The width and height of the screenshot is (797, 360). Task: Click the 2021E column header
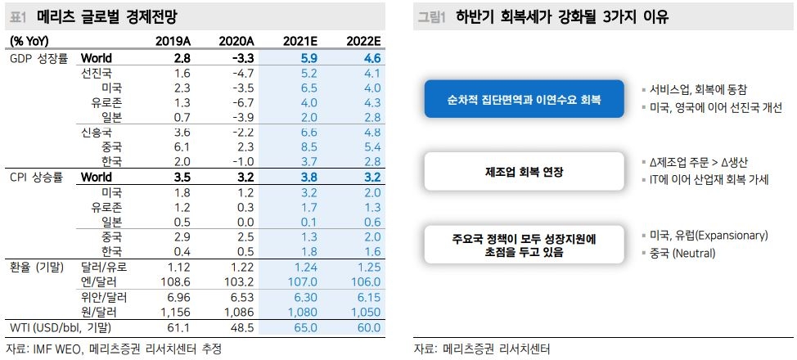click(x=298, y=41)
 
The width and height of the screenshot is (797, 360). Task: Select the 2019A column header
click(x=174, y=41)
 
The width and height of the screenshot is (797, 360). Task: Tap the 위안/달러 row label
click(x=101, y=296)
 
